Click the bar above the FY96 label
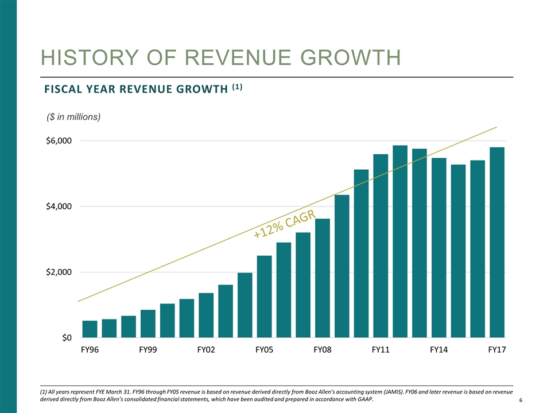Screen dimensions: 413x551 [90, 329]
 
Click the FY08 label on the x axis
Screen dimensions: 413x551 [323, 350]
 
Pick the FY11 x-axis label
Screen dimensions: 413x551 [381, 350]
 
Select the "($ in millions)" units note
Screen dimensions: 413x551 [73, 117]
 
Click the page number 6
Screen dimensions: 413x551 [520, 400]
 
